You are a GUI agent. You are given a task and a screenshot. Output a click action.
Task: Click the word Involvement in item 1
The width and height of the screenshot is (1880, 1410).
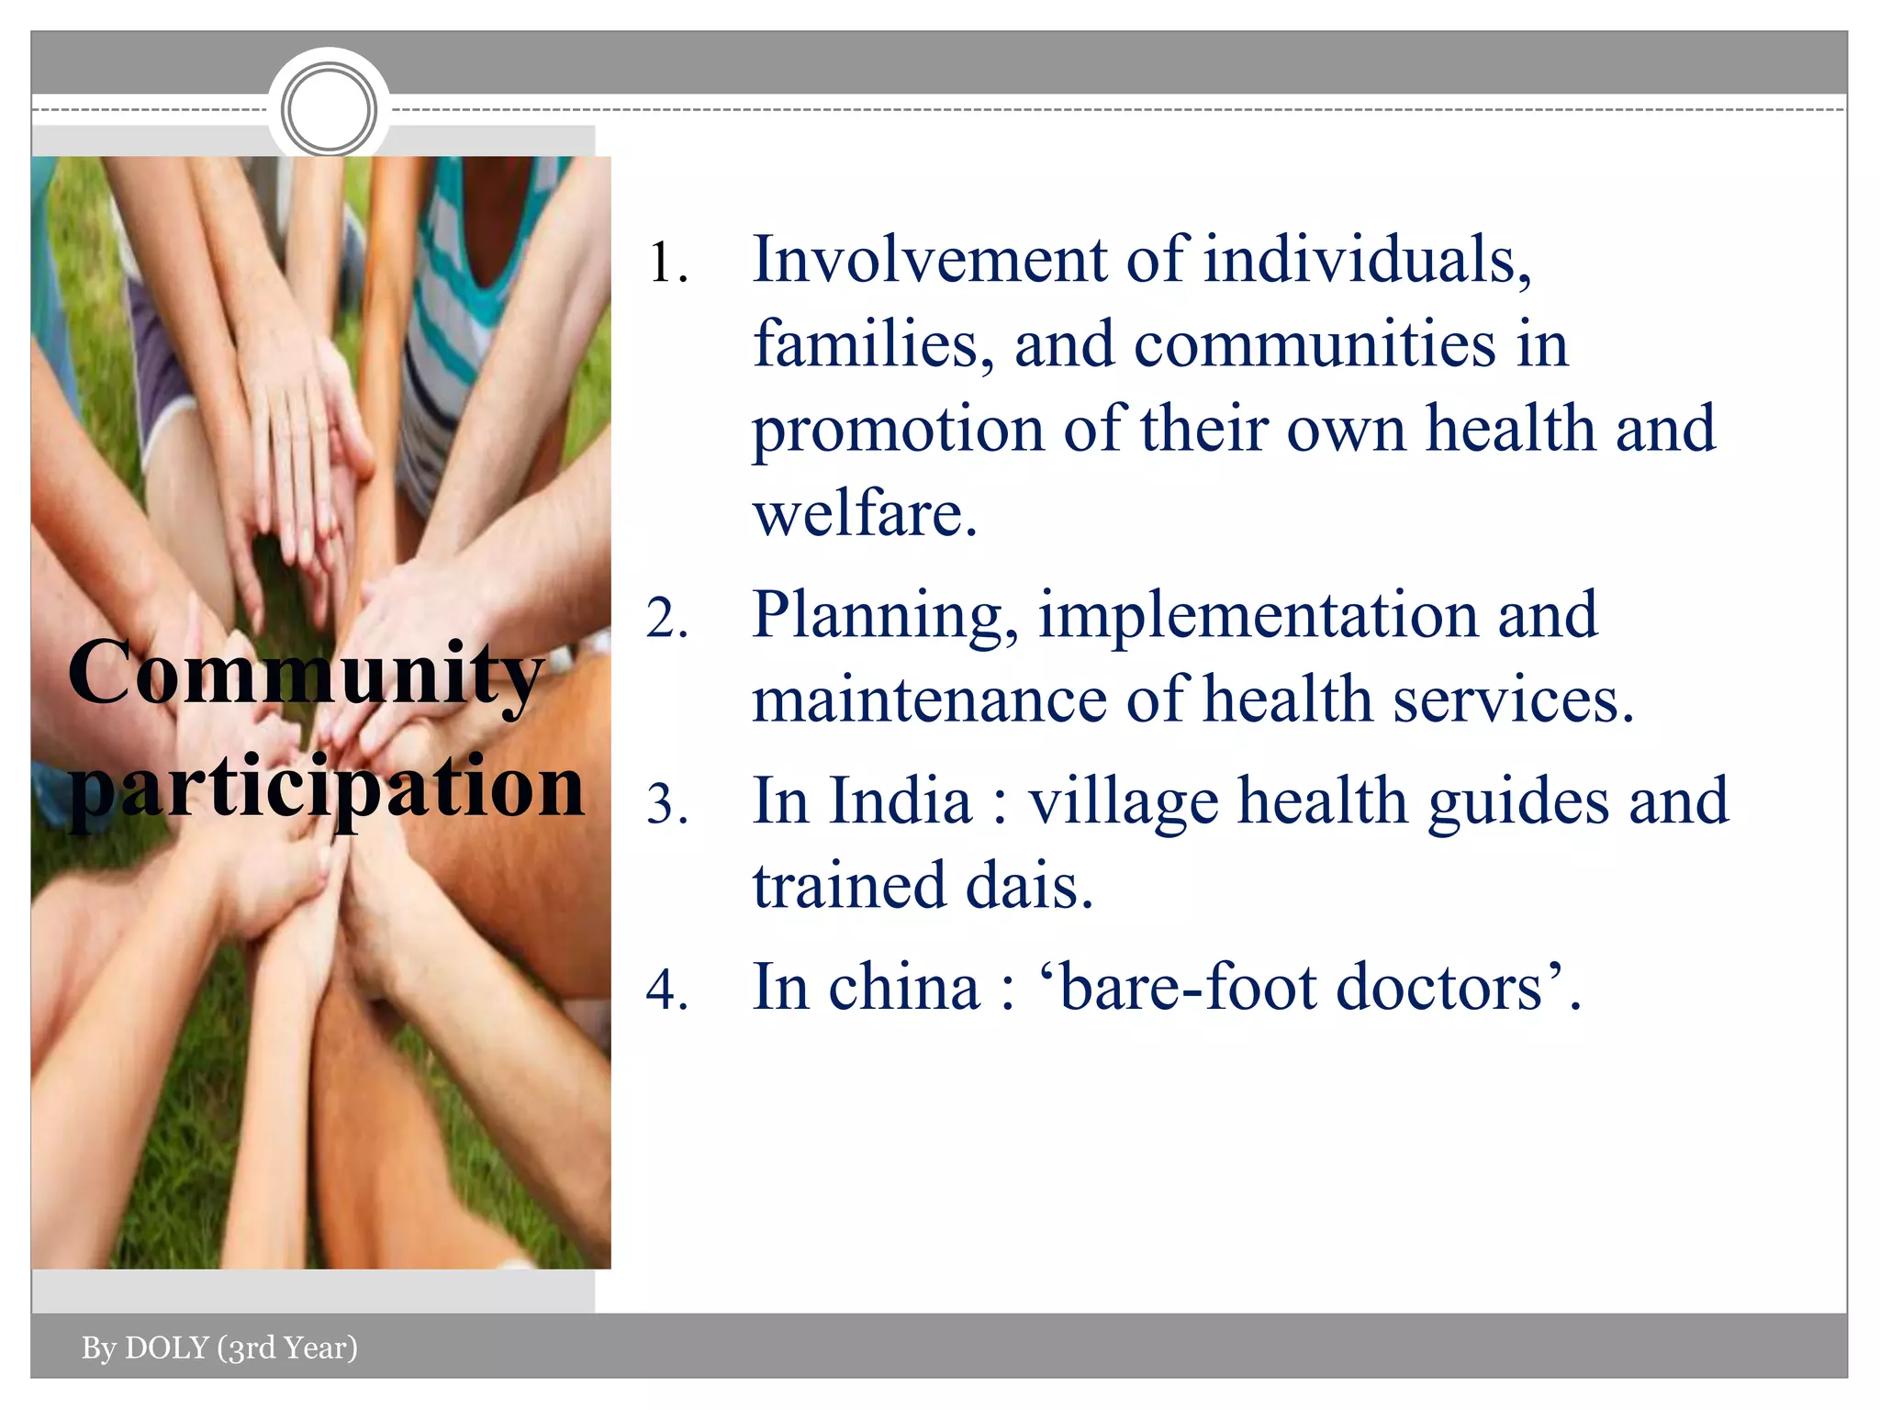(929, 260)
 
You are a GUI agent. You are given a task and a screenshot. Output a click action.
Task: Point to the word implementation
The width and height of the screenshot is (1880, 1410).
(1258, 617)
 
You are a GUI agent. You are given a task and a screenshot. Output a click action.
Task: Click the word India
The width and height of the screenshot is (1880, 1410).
(900, 801)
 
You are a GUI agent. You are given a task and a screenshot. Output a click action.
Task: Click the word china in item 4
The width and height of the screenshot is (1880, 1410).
(903, 989)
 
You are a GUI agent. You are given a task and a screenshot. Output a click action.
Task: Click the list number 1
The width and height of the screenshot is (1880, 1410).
(667, 264)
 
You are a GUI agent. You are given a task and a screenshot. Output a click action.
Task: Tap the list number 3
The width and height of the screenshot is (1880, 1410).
(667, 805)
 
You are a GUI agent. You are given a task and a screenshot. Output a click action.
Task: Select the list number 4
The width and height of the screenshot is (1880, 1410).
(667, 991)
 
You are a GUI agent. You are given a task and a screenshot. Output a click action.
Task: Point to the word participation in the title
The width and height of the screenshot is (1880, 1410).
(326, 788)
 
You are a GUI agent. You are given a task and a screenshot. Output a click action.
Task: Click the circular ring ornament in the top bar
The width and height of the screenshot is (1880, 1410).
(329, 109)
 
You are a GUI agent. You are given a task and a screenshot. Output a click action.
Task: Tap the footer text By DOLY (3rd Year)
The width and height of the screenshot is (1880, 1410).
(219, 1348)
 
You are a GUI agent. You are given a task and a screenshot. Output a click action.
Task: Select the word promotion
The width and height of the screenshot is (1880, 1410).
(898, 430)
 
